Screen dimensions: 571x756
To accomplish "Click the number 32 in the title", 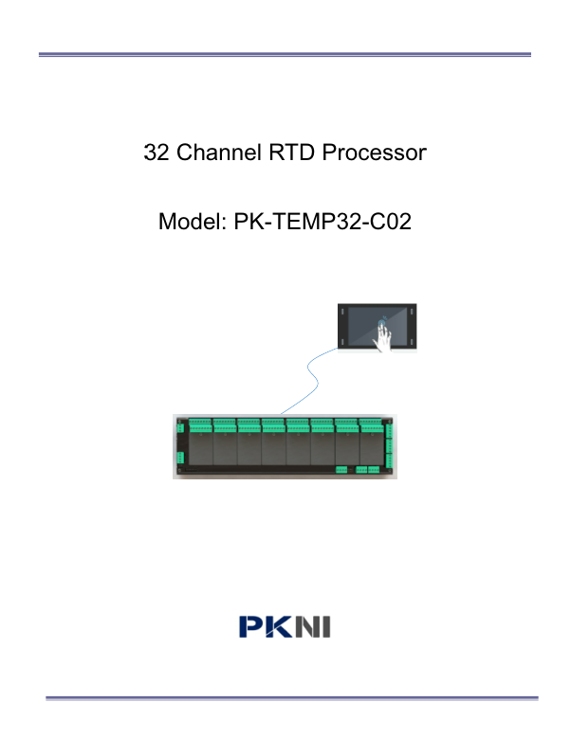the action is click(156, 153).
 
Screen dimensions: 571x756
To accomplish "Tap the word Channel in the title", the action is click(219, 153).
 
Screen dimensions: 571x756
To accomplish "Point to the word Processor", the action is click(374, 153).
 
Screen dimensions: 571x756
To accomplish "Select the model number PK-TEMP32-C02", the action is click(322, 222).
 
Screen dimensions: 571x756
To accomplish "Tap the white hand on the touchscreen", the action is click(383, 337).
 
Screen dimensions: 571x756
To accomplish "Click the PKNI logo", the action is click(285, 626).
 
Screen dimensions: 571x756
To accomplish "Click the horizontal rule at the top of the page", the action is click(285, 55).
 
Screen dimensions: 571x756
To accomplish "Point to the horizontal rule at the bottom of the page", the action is click(292, 697).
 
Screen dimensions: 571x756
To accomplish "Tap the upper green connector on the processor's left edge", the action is click(180, 427).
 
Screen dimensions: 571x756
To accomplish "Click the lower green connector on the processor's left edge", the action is click(180, 458).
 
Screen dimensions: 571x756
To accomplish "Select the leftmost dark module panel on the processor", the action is click(200, 448).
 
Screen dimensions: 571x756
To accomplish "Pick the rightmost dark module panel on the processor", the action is click(371, 448).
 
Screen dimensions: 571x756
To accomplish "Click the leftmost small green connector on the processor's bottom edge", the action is click(341, 470).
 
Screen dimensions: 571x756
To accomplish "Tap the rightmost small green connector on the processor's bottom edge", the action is click(374, 470).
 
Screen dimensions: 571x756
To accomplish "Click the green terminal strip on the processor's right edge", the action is click(389, 445).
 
